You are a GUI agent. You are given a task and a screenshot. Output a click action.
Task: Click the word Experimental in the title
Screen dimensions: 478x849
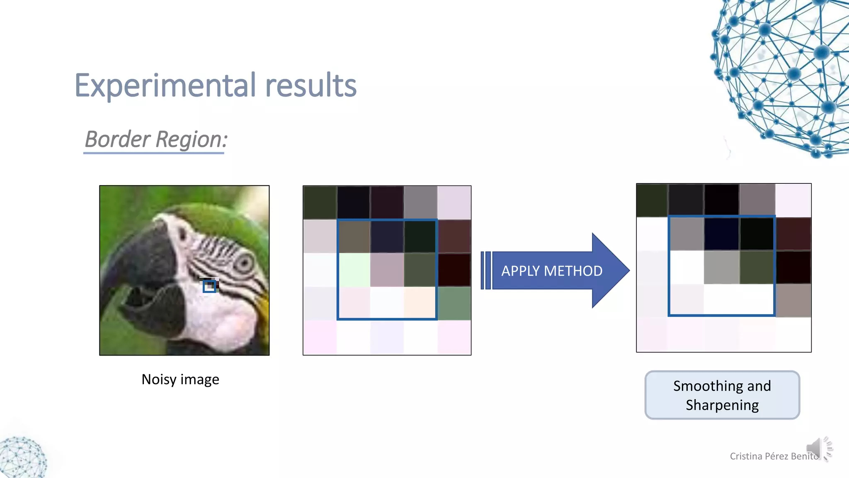click(x=165, y=85)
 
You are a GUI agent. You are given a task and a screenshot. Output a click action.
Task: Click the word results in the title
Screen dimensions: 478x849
click(x=310, y=85)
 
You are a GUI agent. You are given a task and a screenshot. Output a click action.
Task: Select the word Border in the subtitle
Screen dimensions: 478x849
click(x=117, y=139)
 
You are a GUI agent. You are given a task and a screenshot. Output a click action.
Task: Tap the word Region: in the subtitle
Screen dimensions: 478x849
click(x=192, y=139)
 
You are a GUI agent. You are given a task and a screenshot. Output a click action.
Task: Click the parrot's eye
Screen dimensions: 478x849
click(x=245, y=263)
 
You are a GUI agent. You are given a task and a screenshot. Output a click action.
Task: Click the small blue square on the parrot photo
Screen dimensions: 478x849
click(x=209, y=286)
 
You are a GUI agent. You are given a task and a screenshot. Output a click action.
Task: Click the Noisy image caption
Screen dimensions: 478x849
click(x=180, y=379)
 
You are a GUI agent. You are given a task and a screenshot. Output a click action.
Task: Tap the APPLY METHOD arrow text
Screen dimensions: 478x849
click(x=551, y=271)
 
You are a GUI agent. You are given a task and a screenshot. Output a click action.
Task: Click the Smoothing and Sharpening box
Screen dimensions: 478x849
click(x=722, y=395)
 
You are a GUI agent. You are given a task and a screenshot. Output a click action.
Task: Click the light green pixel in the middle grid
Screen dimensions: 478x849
click(x=354, y=270)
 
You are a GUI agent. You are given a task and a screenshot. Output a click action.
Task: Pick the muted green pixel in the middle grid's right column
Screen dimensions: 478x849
click(x=454, y=303)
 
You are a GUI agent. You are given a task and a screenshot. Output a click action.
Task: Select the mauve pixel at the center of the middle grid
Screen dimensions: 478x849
click(x=387, y=270)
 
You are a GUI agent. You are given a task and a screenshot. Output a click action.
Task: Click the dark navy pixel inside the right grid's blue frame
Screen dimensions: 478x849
click(x=721, y=234)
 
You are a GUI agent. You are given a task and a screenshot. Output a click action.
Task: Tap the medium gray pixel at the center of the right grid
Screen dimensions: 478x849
click(x=721, y=267)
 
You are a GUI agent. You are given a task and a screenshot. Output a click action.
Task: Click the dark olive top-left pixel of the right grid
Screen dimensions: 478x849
click(x=652, y=200)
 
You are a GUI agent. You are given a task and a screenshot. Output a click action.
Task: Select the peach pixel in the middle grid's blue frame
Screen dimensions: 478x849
click(x=420, y=303)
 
